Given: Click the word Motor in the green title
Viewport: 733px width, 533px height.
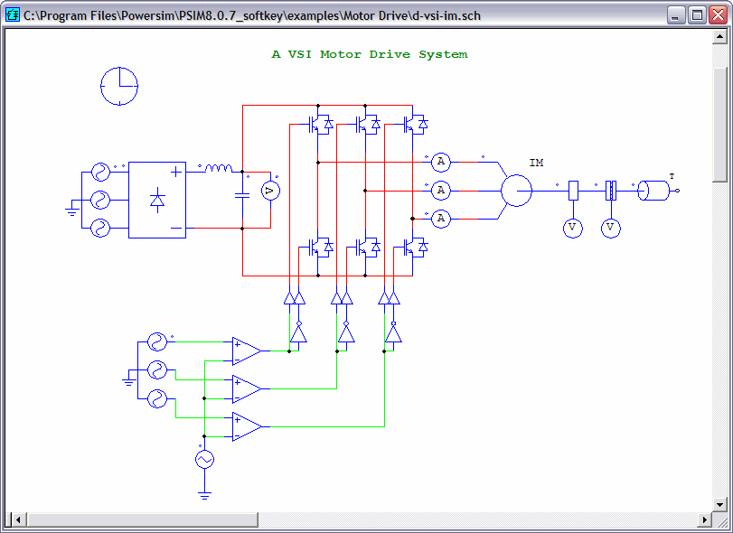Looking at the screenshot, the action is pos(341,54).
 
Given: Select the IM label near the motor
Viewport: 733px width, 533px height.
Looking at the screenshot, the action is pos(536,163).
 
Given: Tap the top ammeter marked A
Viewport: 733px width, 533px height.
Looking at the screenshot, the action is pos(440,162).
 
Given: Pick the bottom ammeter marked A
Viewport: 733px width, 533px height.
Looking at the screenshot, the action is pos(440,219).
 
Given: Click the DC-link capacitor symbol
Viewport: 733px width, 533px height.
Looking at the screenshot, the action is pos(242,195).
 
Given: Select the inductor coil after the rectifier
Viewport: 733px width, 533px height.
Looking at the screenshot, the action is pos(219,168).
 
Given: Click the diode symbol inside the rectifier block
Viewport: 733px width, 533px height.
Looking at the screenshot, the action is pos(157,200).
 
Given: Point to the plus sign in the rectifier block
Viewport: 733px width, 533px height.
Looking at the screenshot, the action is pos(175,172).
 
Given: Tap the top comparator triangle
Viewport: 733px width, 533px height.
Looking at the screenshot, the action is pos(247,351).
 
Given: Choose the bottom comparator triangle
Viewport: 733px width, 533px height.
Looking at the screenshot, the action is pos(247,426).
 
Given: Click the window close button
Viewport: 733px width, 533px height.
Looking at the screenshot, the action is pos(718,15).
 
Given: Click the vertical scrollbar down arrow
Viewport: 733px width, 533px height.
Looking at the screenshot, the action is pos(719,504).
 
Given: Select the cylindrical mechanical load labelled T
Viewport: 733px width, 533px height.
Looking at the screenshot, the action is pos(653,191).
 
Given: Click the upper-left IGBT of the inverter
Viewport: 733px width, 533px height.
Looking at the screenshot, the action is pos(320,125).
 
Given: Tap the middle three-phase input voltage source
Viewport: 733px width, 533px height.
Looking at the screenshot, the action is pos(100,200).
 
